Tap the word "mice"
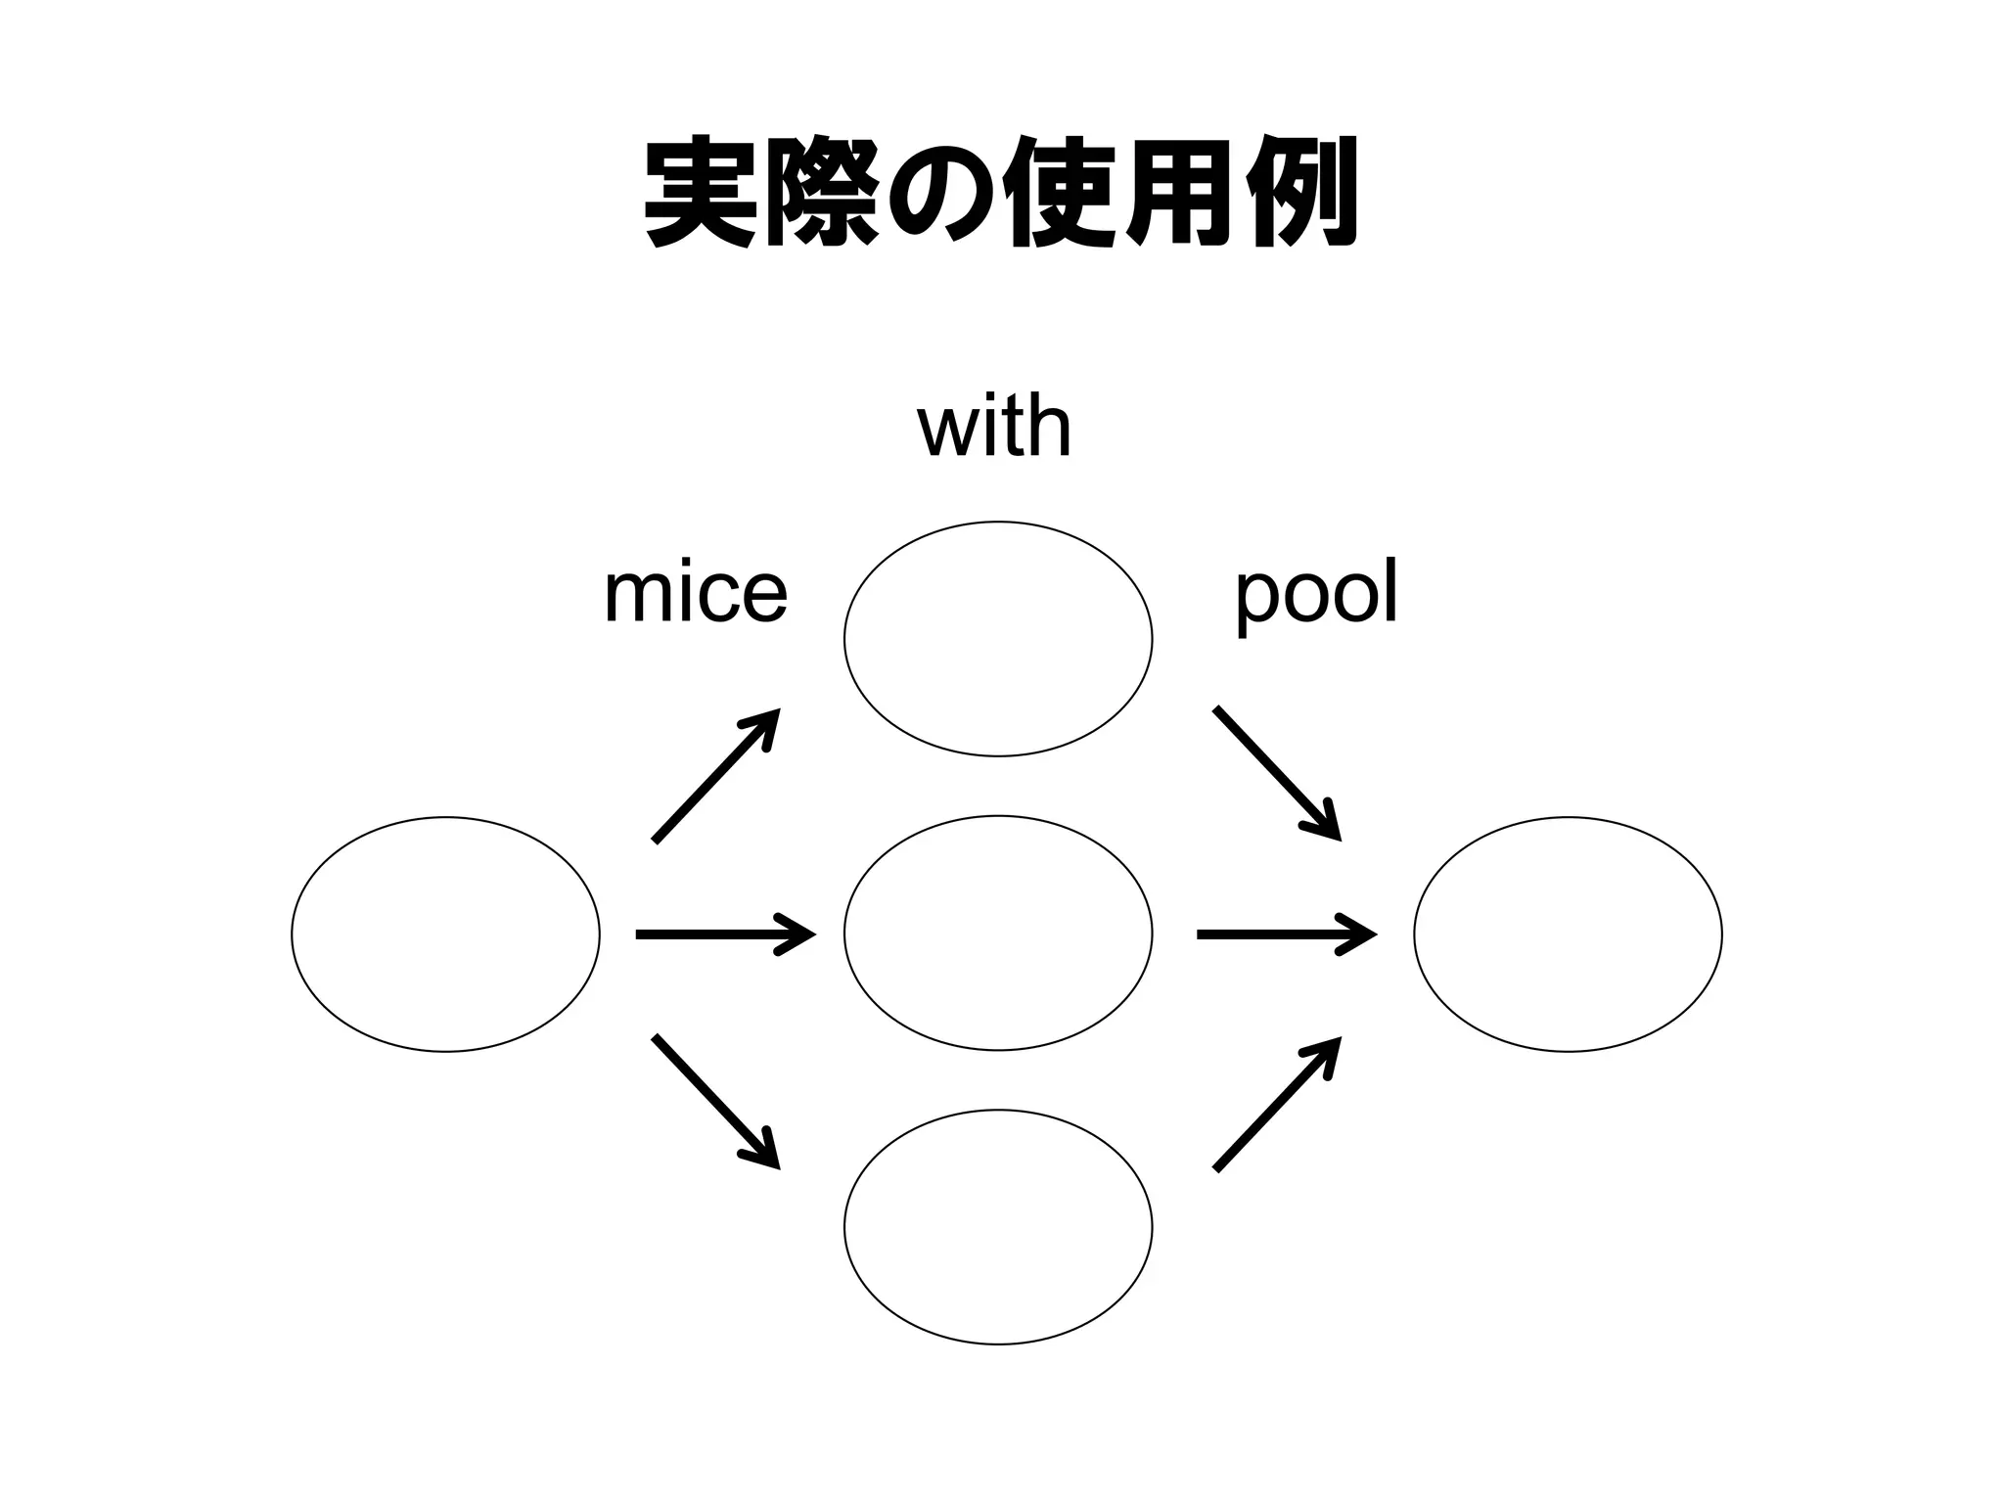pyautogui.click(x=696, y=593)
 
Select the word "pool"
pyautogui.click(x=1316, y=593)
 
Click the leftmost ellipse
pyautogui.click(x=445, y=934)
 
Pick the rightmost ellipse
pyautogui.click(x=1568, y=934)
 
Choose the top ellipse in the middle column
pyautogui.click(x=998, y=639)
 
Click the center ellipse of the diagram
pyautogui.click(x=998, y=934)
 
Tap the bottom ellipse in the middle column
pyautogui.click(x=998, y=1227)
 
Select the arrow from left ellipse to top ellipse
pyautogui.click(x=715, y=775)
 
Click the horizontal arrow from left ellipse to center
pyautogui.click(x=725, y=934)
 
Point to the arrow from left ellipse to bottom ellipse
pyautogui.click(x=715, y=1101)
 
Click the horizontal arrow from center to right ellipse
pyautogui.click(x=1286, y=934)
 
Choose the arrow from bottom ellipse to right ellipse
pyautogui.click(x=1276, y=1103)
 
